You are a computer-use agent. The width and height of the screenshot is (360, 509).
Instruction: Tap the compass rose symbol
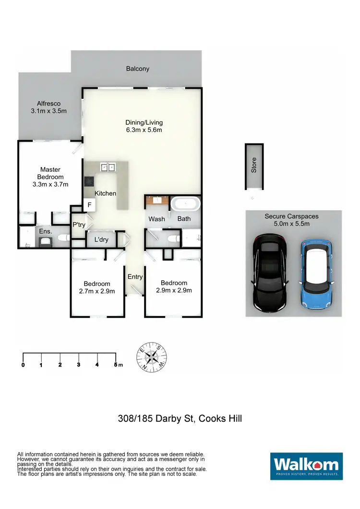click(153, 357)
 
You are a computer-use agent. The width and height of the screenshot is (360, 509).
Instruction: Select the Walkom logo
click(306, 466)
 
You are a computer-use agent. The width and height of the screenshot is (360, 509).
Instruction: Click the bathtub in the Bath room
click(185, 204)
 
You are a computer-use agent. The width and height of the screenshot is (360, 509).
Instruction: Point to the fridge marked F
click(89, 205)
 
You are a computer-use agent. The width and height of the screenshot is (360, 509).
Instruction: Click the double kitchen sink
click(107, 167)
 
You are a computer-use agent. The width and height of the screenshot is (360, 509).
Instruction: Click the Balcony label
click(138, 69)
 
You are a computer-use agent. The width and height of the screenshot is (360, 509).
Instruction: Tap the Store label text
click(254, 165)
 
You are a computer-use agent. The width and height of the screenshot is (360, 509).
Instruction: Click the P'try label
click(78, 225)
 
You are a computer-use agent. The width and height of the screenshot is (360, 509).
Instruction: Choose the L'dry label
click(101, 239)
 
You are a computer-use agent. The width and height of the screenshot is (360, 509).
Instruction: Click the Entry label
click(135, 277)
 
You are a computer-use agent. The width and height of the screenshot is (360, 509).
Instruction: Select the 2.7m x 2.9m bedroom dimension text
click(96, 291)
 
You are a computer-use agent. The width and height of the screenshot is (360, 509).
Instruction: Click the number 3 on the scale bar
click(78, 365)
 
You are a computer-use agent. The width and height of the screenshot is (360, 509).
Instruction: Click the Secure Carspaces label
click(291, 216)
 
